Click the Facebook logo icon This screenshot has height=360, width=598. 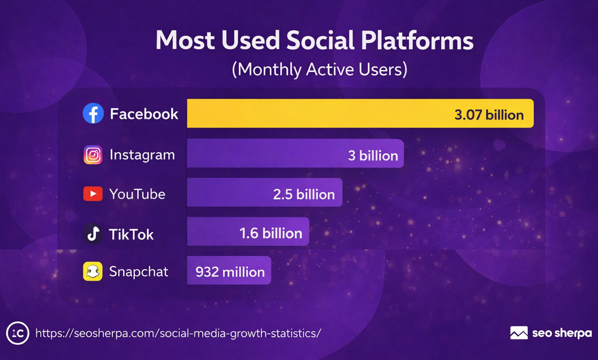93,113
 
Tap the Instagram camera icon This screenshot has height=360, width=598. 93,155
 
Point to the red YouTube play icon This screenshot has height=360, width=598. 93,194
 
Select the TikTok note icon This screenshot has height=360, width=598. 93,234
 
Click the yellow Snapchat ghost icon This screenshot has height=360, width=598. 93,271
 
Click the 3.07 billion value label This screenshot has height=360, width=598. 489,114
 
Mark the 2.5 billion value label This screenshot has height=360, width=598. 304,195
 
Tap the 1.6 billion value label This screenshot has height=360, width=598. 271,234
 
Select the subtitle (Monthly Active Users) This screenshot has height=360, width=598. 319,69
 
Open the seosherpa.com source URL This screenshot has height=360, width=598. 178,333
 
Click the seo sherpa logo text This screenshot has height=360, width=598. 562,333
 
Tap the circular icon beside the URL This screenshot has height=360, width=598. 18,333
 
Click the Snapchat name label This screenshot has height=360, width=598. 138,271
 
